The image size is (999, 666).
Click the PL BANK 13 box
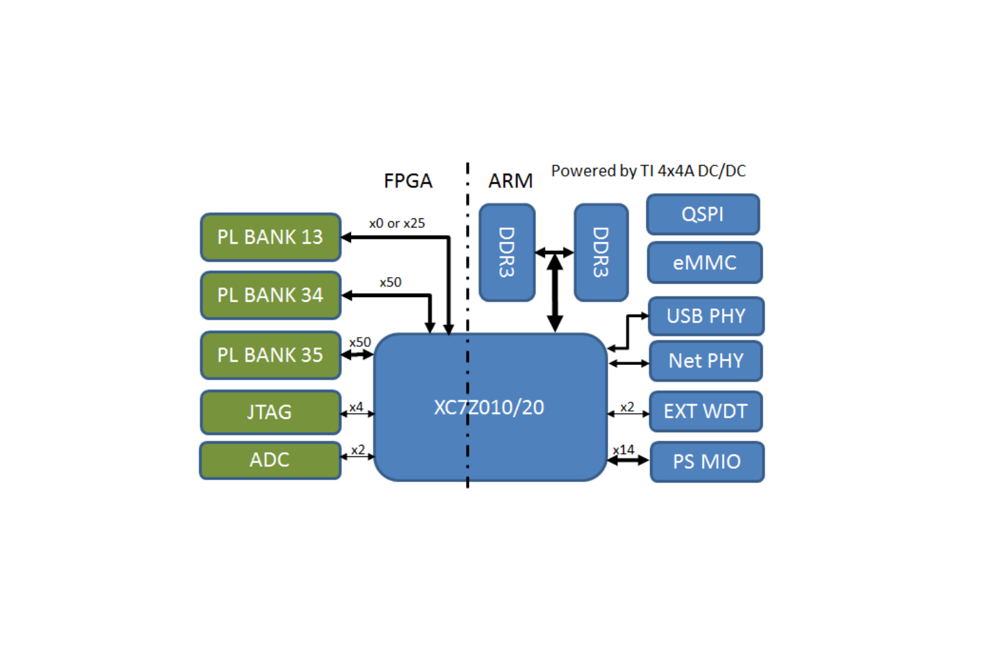(270, 237)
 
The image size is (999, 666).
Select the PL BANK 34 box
(270, 295)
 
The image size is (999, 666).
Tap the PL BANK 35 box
(270, 355)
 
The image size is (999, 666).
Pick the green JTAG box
(270, 412)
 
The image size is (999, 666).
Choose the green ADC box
(270, 460)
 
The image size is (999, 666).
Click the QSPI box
(703, 214)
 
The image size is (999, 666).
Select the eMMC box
(705, 262)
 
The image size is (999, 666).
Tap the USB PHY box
(706, 316)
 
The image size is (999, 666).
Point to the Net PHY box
(706, 361)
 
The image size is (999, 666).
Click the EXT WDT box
(706, 412)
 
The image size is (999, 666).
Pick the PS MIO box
(707, 462)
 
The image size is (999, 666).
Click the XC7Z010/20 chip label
(489, 407)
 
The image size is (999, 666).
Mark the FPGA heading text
(408, 180)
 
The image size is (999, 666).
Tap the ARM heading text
(510, 180)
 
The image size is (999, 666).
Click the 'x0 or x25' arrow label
(397, 224)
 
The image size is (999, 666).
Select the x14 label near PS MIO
(623, 450)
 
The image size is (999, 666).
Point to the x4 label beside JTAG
(356, 406)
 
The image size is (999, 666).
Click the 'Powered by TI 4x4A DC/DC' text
(648, 171)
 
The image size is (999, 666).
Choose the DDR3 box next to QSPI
(601, 252)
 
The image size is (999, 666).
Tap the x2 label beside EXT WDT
(627, 406)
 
